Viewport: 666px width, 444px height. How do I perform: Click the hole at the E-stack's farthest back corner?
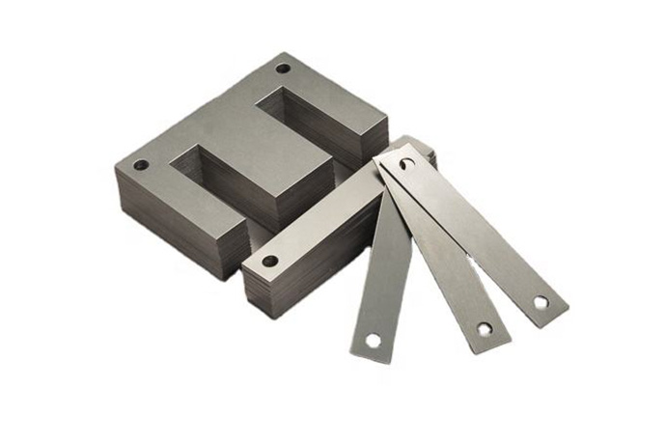(x=283, y=69)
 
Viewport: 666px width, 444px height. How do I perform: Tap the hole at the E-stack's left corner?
(x=141, y=165)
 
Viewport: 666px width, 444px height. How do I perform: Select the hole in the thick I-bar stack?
(x=269, y=261)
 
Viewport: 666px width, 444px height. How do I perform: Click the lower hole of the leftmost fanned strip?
(x=373, y=340)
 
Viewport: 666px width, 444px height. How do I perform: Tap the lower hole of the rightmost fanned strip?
(x=541, y=302)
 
